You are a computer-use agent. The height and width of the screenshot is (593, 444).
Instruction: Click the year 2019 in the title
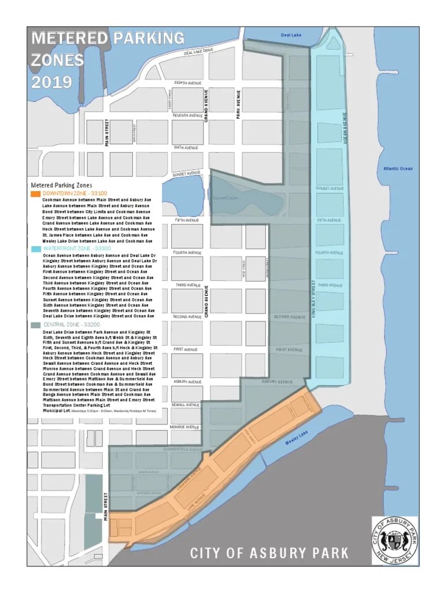click(x=51, y=82)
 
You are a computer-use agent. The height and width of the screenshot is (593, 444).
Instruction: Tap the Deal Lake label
click(x=291, y=35)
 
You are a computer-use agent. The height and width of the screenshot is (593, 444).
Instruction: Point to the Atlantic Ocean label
click(x=398, y=169)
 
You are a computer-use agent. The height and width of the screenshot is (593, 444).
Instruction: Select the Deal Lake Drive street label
click(x=198, y=52)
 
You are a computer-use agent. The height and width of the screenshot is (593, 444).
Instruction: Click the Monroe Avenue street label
click(x=185, y=427)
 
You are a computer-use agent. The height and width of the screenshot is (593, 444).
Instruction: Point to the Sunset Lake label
click(x=225, y=197)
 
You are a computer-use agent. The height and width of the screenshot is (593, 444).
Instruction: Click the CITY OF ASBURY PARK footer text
click(x=269, y=553)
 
